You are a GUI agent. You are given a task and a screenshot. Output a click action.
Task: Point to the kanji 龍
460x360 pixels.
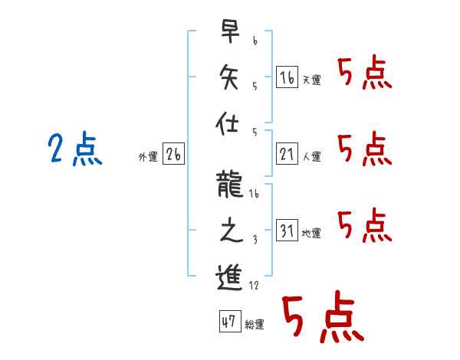(x=228, y=185)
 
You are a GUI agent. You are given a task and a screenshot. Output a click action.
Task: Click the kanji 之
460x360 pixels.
(x=228, y=230)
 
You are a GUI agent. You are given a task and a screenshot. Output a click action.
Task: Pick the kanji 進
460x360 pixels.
(x=228, y=276)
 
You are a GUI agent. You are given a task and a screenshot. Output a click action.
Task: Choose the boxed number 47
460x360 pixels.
(x=228, y=322)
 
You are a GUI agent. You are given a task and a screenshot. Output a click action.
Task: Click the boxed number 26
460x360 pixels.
(x=173, y=155)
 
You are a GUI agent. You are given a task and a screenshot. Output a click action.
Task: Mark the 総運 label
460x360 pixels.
(x=255, y=325)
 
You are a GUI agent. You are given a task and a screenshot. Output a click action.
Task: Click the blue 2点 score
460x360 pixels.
(x=75, y=149)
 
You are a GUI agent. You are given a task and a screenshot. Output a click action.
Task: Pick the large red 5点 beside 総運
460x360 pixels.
(x=322, y=316)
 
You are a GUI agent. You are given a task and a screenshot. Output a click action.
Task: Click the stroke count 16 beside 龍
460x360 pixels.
(x=254, y=194)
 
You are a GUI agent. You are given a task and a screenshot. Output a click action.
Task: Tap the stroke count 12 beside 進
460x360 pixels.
(x=254, y=285)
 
